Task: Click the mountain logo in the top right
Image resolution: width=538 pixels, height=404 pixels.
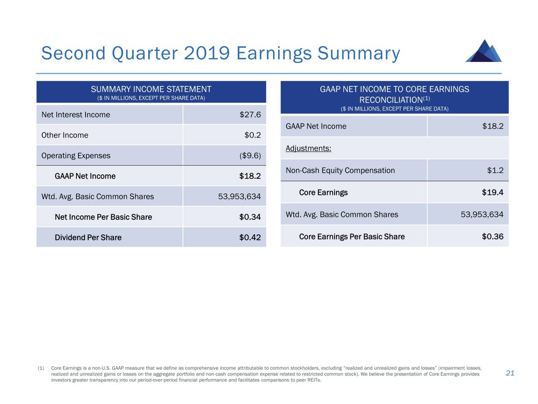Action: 484,51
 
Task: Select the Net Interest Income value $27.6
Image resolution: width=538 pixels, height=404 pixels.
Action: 250,115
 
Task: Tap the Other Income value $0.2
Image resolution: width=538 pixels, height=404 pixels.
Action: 252,135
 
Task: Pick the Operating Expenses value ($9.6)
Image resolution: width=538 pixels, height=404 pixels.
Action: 250,156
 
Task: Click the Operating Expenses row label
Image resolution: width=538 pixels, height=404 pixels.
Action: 76,156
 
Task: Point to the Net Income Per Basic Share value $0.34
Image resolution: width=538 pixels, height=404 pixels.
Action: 250,217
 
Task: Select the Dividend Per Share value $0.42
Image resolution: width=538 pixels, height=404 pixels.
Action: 250,238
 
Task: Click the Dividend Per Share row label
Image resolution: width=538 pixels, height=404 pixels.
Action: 88,238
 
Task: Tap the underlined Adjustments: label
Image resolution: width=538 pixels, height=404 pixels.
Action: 308,148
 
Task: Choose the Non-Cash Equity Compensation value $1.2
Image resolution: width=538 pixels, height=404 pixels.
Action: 495,170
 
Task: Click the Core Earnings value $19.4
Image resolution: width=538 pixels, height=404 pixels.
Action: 492,193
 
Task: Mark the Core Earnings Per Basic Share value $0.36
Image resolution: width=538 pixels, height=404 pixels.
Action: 492,237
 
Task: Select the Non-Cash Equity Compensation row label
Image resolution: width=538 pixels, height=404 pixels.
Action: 340,170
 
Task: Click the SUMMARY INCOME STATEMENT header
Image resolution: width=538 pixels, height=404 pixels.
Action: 151,90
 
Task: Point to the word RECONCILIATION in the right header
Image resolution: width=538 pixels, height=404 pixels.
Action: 391,100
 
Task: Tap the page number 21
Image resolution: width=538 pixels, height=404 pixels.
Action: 510,373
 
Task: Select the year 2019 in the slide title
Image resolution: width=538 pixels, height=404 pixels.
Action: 207,53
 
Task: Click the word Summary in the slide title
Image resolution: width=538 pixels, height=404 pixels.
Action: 359,53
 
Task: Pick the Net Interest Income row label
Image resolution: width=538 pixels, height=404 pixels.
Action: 76,115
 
